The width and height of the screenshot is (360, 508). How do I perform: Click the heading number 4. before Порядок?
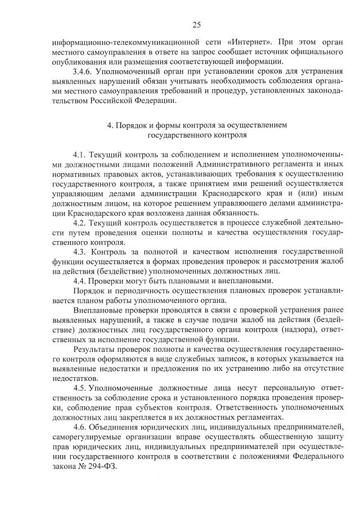(x=110, y=125)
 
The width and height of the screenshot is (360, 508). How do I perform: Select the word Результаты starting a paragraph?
(x=93, y=349)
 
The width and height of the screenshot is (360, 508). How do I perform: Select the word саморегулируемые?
(x=80, y=437)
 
